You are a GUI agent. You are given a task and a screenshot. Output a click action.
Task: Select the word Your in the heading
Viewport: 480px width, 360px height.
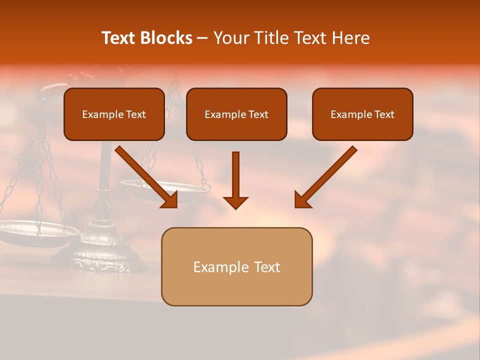230,38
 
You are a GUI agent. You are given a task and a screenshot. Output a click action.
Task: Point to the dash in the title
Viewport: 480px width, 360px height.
202,38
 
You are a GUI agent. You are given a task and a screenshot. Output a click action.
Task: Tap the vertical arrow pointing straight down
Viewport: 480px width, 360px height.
235,180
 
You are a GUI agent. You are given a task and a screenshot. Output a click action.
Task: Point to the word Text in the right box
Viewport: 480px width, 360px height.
384,114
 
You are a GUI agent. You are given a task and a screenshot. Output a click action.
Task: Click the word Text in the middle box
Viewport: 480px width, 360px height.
258,114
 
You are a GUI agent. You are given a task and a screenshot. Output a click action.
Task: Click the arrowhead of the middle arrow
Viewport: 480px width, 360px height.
235,202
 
